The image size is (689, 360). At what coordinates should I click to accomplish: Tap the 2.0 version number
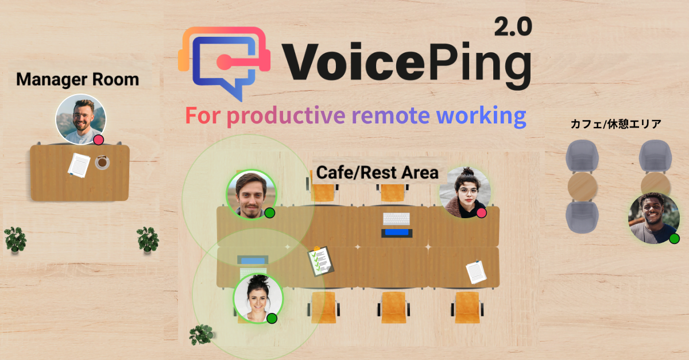click(x=513, y=26)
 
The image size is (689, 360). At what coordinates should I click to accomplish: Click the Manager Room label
click(x=78, y=79)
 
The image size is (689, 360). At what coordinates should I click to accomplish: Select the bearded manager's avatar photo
click(x=80, y=119)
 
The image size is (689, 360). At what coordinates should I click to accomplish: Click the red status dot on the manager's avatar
click(x=98, y=140)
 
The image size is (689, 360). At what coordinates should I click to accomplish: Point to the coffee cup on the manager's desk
click(x=103, y=162)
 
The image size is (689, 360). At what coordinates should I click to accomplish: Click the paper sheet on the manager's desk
click(x=79, y=164)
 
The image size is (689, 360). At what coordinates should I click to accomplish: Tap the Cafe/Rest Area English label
click(x=377, y=172)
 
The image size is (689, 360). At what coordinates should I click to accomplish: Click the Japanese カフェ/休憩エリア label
click(x=616, y=123)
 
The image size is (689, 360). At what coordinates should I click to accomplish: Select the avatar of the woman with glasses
click(x=465, y=192)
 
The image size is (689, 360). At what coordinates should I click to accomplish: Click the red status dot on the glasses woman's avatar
click(x=482, y=213)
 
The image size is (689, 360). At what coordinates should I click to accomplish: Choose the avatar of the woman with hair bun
click(x=258, y=297)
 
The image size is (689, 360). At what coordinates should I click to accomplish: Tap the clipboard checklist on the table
click(x=321, y=261)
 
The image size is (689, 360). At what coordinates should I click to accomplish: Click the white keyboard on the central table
click(x=397, y=219)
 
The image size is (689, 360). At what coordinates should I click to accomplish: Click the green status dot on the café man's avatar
click(x=674, y=238)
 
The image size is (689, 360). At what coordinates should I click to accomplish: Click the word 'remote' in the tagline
click(x=391, y=115)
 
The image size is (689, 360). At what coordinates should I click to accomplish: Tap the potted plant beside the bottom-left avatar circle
click(x=202, y=334)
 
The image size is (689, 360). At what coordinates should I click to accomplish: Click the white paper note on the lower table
click(x=476, y=272)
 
